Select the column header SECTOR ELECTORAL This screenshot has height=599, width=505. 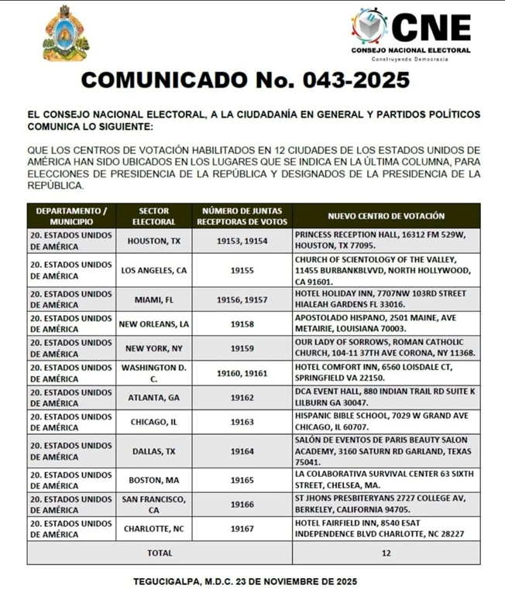click(153, 216)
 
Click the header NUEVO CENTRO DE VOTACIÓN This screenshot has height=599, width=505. click(386, 216)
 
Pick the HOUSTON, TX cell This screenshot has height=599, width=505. click(153, 241)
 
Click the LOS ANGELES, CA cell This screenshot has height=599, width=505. click(153, 270)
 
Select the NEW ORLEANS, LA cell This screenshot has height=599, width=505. click(153, 323)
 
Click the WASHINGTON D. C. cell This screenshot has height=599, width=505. click(153, 373)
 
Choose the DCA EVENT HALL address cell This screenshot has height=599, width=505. click(386, 398)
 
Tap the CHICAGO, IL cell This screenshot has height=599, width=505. click(153, 423)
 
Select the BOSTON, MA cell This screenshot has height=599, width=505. click(153, 480)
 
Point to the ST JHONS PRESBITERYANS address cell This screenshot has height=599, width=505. click(386, 505)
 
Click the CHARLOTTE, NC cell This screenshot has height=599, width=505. click(153, 529)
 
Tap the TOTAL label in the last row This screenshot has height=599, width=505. click(160, 553)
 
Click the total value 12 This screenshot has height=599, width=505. click(386, 553)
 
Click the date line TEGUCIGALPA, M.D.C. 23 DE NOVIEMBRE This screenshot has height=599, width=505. click(246, 580)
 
